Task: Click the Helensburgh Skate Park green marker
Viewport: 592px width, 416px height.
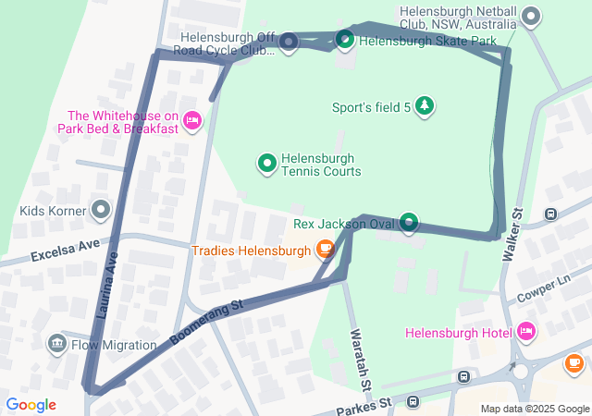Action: (344, 39)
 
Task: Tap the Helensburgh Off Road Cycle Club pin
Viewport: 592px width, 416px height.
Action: (288, 42)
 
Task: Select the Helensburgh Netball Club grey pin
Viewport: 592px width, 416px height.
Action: (531, 16)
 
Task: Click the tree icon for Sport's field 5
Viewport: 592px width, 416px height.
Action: (424, 106)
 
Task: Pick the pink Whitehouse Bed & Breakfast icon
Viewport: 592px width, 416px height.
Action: (192, 119)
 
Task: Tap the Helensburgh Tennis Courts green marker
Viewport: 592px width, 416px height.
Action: (266, 164)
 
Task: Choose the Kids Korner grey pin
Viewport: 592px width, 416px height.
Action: (100, 210)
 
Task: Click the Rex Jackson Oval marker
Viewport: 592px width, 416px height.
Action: (408, 222)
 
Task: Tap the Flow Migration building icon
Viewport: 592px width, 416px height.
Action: (57, 345)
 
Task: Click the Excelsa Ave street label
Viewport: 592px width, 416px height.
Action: (64, 251)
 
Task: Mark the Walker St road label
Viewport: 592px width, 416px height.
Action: (512, 235)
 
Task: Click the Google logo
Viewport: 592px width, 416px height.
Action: (31, 404)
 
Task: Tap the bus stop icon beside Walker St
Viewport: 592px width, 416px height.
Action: (551, 214)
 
